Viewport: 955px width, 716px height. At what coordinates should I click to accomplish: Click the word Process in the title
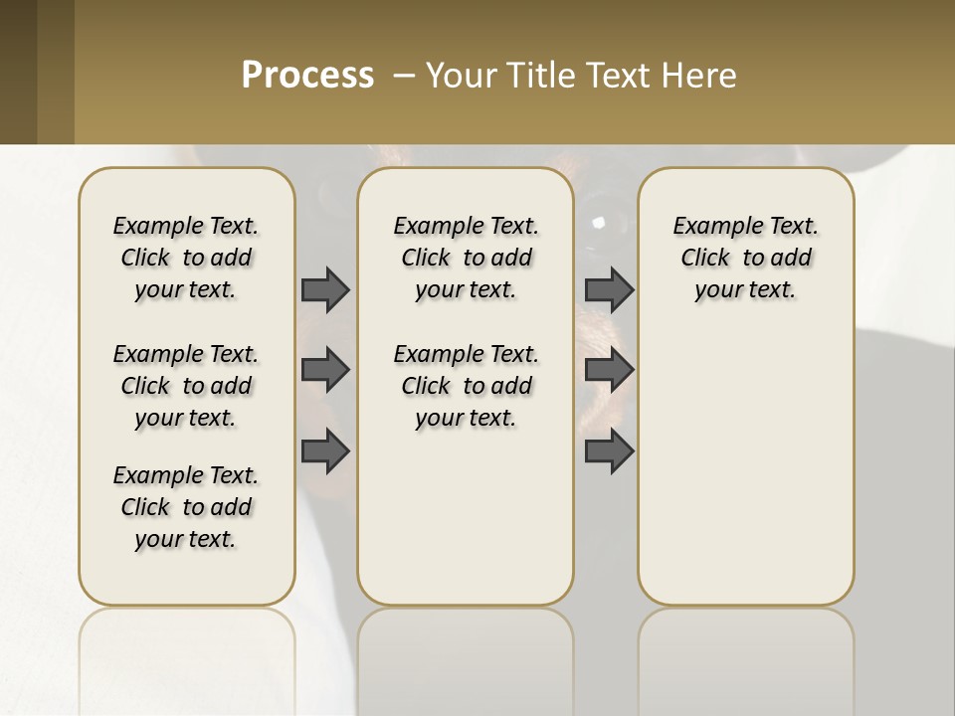(x=307, y=76)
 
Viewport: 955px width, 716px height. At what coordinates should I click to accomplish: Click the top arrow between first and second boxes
(x=325, y=289)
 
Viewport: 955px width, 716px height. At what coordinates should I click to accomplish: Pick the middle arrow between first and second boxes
(x=325, y=370)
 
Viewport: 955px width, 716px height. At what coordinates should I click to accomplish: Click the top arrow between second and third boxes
(x=610, y=289)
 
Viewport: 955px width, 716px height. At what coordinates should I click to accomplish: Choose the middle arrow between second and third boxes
(x=610, y=370)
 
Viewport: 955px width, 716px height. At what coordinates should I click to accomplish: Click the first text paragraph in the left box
(x=186, y=258)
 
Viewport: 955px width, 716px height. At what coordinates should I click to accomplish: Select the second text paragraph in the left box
(x=186, y=386)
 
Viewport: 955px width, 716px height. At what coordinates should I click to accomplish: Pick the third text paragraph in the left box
(x=186, y=507)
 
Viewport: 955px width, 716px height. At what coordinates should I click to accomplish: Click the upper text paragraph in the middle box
(x=466, y=258)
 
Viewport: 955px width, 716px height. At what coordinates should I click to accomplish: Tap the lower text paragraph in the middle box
(x=466, y=386)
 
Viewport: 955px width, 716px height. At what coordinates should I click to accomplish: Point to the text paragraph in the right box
(x=745, y=258)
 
